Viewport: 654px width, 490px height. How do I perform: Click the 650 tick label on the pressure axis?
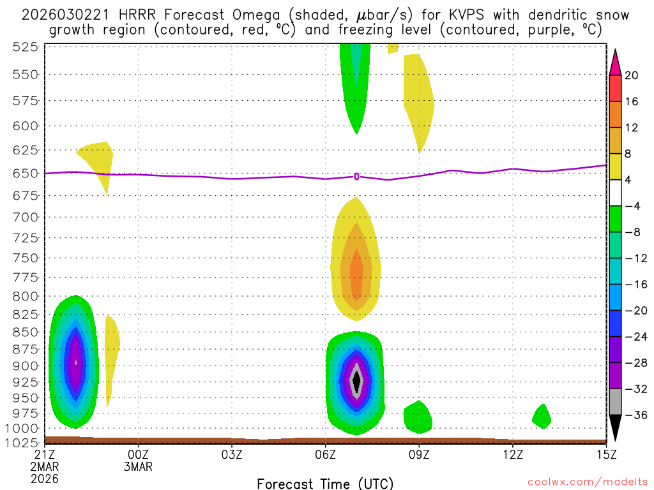(x=26, y=173)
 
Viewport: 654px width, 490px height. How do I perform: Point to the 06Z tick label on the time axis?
(x=326, y=454)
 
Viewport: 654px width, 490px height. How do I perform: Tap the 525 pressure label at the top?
(x=26, y=47)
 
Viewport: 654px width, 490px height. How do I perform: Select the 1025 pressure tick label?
(x=22, y=442)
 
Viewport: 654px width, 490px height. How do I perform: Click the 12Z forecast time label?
(x=512, y=454)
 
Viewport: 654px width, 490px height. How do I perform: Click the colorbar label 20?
(x=632, y=75)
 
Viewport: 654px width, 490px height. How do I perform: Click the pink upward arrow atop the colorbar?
(x=615, y=62)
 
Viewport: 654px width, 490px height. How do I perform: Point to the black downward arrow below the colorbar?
(x=615, y=429)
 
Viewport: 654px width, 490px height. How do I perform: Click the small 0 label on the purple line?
(x=356, y=177)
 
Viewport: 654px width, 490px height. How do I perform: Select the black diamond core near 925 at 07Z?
(x=356, y=380)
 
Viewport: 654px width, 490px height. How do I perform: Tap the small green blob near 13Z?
(x=542, y=417)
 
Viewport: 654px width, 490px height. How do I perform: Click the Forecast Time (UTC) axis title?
(x=325, y=483)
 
